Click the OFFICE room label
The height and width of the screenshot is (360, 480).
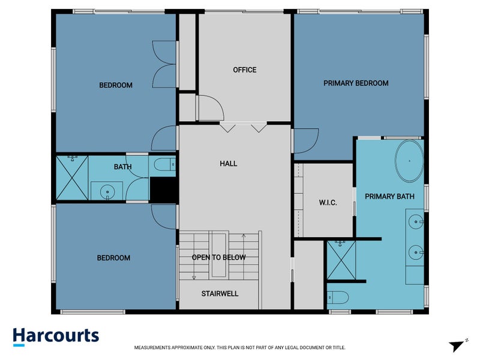coord(244,70)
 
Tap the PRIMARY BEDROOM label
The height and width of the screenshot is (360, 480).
coord(356,83)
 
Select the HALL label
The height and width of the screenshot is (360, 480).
coord(228,163)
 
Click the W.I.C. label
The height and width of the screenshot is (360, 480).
coord(328,203)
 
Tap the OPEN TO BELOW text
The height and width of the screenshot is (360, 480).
coord(218,257)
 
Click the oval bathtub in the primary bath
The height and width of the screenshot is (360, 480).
coord(409,161)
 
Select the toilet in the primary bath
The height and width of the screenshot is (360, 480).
coord(338,297)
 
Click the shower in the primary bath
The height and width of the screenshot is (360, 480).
coord(341,259)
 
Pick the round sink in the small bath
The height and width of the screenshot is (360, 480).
coord(107,192)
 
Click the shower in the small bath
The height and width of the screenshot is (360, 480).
coord(72,177)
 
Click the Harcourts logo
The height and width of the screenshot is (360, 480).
coord(56,336)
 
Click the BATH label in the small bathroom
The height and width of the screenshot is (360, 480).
coord(122,167)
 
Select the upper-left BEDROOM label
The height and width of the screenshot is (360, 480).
coord(116,85)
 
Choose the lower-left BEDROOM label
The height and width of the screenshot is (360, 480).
coord(113,258)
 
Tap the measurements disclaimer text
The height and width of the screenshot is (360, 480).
coord(239,347)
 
